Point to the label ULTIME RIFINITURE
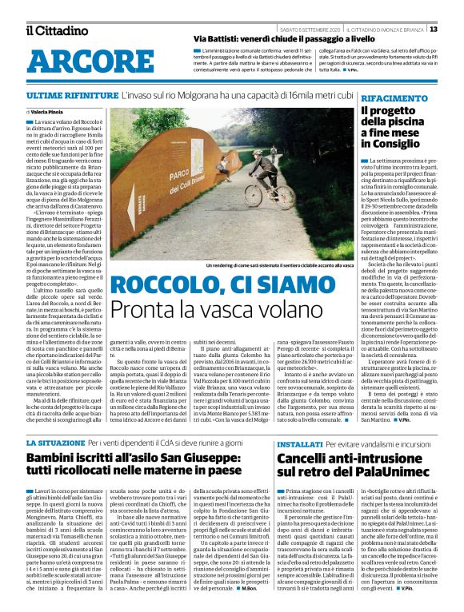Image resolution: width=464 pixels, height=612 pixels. (64, 95)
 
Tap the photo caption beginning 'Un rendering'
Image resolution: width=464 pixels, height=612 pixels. (270, 264)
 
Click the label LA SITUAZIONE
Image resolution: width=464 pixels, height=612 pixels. (54, 441)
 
